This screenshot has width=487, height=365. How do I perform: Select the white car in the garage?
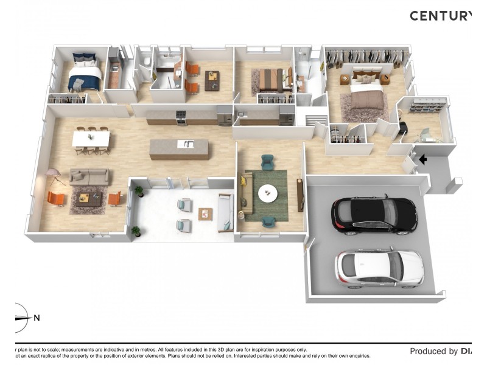(379, 268)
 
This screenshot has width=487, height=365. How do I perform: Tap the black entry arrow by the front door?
(423, 160)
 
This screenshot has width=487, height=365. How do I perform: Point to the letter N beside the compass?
(37, 318)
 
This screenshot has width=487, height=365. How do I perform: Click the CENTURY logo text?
(440, 16)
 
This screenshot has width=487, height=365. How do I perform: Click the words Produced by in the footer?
(433, 351)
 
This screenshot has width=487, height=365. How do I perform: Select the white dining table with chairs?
(91, 139)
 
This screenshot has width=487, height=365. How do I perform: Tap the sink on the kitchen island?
(188, 144)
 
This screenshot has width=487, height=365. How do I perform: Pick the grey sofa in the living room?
(89, 177)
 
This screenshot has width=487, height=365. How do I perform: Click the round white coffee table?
(267, 193)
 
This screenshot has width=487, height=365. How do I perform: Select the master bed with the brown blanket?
(365, 94)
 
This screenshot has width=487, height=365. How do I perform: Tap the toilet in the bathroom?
(147, 61)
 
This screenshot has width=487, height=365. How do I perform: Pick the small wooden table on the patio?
(206, 214)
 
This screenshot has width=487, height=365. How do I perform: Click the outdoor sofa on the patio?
(225, 212)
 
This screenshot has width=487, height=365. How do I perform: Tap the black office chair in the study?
(403, 128)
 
